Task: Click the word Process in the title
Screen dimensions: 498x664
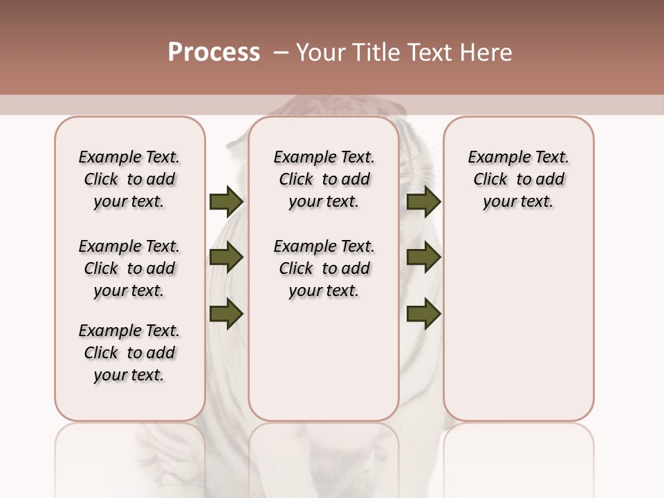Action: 214,53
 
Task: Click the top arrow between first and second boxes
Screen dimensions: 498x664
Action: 226,202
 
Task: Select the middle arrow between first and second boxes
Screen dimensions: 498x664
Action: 226,258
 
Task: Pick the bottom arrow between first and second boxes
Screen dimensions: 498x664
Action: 226,314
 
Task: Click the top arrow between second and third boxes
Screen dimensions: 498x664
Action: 423,202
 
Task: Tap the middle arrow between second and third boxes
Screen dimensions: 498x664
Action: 423,258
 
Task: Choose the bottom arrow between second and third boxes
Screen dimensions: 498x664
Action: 423,314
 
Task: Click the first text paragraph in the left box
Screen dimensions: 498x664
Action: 129,179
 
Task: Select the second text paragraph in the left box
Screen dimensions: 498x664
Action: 129,268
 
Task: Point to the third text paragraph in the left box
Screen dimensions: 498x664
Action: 129,353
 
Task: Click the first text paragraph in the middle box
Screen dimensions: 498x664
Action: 324,179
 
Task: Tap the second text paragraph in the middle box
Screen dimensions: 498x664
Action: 324,268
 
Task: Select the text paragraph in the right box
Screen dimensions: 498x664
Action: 518,179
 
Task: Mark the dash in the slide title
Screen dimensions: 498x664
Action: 281,53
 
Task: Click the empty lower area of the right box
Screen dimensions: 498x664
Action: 518,332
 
